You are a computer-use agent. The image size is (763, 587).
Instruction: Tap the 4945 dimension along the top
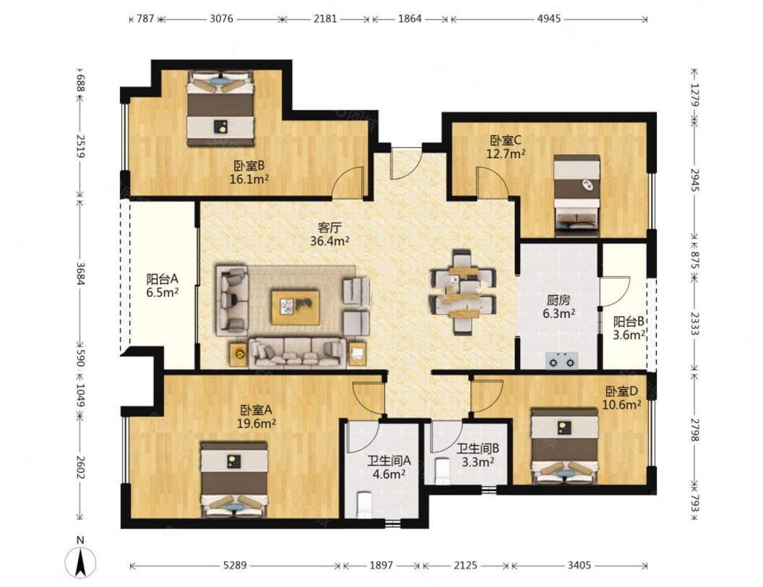(549, 19)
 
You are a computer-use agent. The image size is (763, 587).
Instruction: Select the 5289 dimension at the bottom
(235, 565)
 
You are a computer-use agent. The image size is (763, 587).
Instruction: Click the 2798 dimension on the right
(694, 430)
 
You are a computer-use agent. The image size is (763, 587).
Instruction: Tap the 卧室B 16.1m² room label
(249, 172)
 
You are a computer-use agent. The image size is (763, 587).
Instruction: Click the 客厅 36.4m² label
(329, 233)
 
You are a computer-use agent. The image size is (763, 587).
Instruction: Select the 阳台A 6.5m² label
(163, 286)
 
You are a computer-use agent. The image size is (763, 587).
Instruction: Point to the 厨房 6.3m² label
(559, 307)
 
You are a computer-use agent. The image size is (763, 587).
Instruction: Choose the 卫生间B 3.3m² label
(478, 455)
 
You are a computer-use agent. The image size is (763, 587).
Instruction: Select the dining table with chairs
(462, 292)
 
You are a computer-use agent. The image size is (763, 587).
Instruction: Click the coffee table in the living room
(296, 307)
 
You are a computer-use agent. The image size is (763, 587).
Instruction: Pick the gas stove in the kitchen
(562, 361)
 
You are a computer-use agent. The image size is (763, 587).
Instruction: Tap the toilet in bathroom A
(364, 505)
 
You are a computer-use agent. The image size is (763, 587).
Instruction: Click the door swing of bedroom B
(348, 182)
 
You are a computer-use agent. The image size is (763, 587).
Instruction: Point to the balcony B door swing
(615, 291)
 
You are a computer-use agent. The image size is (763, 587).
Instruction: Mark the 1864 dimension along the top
(410, 19)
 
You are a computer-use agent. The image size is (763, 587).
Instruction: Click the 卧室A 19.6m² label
(257, 416)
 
